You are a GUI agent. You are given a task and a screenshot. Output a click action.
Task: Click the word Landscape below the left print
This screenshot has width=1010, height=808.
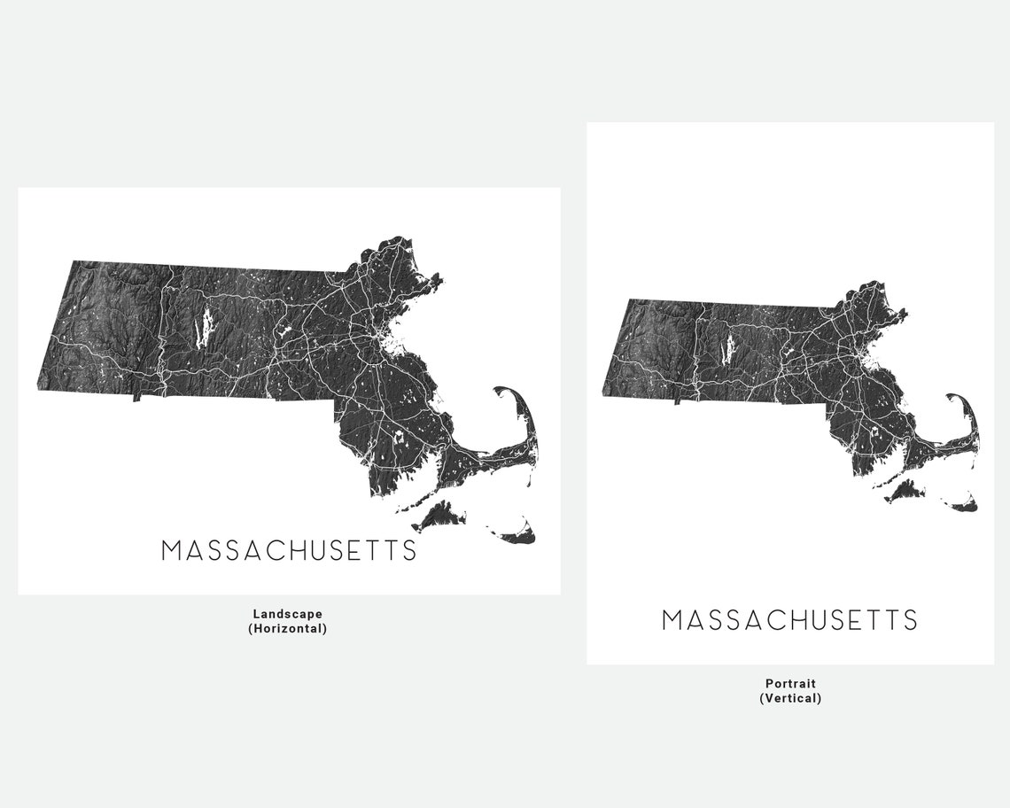[287, 613]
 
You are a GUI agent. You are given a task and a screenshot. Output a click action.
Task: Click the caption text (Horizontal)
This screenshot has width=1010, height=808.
[287, 629]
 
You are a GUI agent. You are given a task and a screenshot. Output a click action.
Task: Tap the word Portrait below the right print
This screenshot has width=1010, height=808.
[790, 683]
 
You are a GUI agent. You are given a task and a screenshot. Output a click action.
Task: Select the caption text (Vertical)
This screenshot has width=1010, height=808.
[790, 698]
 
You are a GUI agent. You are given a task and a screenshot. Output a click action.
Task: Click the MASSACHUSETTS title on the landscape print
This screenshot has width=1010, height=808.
[289, 550]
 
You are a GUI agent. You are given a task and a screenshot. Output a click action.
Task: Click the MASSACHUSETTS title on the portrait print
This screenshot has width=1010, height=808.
[789, 620]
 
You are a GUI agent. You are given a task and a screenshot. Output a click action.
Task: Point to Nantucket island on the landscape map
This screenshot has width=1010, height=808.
[518, 533]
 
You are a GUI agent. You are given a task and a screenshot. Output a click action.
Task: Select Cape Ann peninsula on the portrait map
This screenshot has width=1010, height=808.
[898, 315]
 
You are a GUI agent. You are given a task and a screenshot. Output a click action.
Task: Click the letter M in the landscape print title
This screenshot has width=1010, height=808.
[172, 550]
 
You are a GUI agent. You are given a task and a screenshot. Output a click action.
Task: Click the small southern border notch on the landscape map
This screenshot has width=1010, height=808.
[137, 397]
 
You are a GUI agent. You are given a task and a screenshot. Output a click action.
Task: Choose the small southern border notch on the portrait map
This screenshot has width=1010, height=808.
[677, 400]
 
